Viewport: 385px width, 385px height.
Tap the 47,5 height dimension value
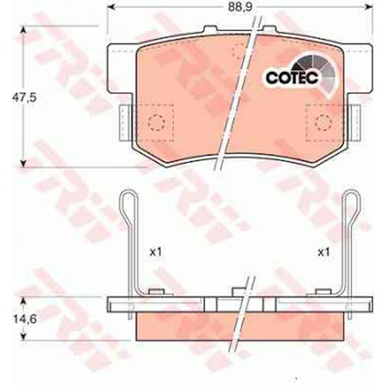(24, 98)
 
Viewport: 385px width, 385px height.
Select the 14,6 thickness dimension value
(24, 319)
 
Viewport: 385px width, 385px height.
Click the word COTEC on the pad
(292, 77)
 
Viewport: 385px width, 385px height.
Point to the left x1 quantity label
(156, 252)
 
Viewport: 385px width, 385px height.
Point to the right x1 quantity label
(324, 252)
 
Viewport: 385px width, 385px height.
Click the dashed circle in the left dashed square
(157, 123)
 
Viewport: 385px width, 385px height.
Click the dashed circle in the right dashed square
(324, 123)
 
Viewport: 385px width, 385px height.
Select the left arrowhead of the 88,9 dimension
(112, 7)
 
